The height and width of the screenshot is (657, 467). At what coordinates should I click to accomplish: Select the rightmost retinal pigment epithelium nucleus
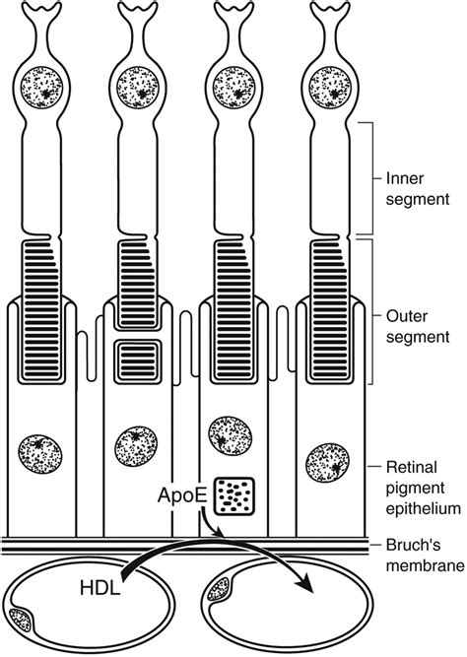tap(327, 462)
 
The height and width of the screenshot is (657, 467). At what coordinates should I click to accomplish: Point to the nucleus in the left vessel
tap(21, 619)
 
